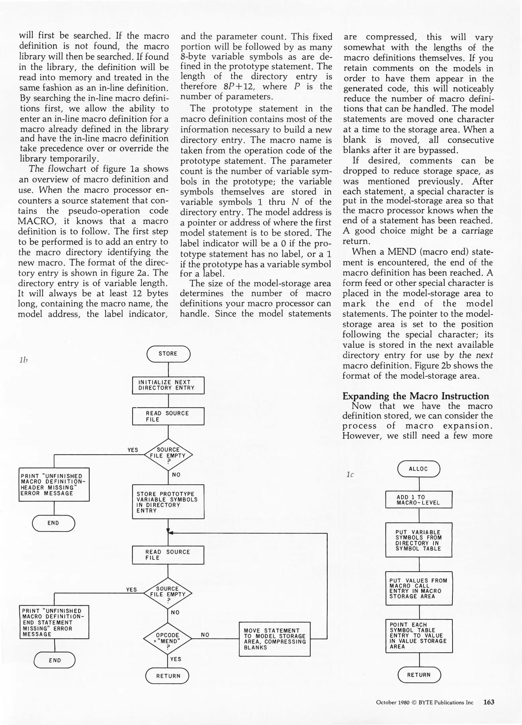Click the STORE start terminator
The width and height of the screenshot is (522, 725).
pos(168,354)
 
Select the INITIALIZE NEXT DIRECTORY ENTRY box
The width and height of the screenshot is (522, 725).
pos(168,385)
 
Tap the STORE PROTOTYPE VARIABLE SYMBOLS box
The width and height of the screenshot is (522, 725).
pos(168,502)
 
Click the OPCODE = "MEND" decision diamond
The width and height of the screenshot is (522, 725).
pos(168,638)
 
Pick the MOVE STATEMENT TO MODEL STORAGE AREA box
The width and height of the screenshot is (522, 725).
pos(275,639)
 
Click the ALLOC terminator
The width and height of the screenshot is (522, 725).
pos(419,469)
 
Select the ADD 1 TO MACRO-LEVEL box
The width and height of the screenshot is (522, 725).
pos(419,500)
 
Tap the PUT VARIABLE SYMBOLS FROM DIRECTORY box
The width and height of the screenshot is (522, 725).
pos(419,540)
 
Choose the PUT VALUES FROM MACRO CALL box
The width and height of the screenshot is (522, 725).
pos(419,588)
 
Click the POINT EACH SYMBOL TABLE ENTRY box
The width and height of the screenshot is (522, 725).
pos(419,636)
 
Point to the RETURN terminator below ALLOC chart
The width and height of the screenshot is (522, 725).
pos(419,675)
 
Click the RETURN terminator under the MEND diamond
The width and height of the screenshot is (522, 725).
pos(168,676)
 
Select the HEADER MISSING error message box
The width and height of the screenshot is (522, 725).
pos(54,484)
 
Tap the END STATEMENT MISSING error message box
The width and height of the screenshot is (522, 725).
pos(54,622)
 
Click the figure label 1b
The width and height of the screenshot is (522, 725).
pos(23,360)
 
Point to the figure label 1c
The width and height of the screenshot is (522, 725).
pos(350,474)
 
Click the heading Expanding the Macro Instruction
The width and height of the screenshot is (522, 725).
pos(416,396)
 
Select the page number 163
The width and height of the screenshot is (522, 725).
pos(489,702)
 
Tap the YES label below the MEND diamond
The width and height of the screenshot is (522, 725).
pos(176,659)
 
